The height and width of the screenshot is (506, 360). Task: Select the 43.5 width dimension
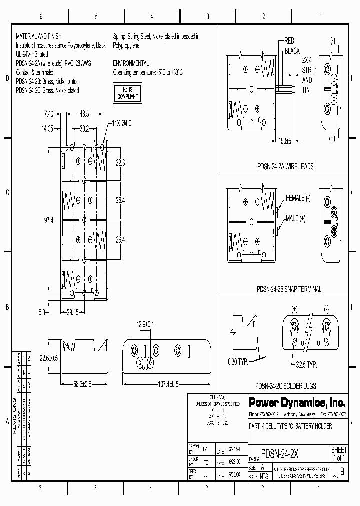pyautogui.click(x=83, y=114)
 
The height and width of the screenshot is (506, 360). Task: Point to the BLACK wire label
pyautogui.click(x=292, y=51)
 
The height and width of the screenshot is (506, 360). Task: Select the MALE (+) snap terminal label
pyautogui.click(x=295, y=219)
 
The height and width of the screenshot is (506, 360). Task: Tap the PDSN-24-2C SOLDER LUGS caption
pyautogui.click(x=285, y=386)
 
